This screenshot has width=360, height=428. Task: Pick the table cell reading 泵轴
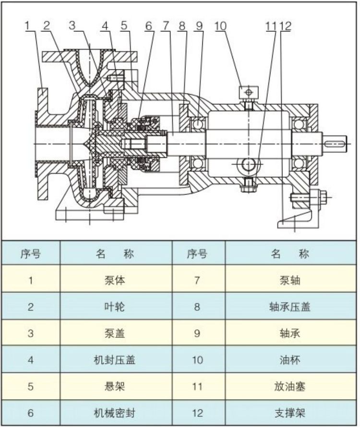[x=290, y=280]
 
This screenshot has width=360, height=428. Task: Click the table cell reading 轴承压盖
[x=290, y=306]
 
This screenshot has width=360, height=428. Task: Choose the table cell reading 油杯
[x=290, y=359]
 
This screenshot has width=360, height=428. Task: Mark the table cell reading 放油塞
[x=290, y=386]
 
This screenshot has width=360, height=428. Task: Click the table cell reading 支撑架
[x=290, y=412]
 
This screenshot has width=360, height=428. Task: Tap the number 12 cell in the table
[x=197, y=412]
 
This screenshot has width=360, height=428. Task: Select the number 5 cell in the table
[x=31, y=386]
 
